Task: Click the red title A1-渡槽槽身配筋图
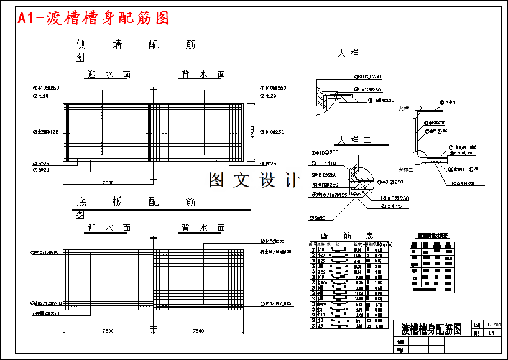[93, 19]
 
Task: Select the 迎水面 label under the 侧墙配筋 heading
[109, 75]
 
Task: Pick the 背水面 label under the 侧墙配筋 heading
[203, 75]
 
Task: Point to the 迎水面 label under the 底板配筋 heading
[109, 228]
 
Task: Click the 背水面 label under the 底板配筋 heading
[203, 228]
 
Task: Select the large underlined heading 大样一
[354, 53]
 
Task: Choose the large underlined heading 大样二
[354, 140]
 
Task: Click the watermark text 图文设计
[254, 180]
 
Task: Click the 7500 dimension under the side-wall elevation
[108, 183]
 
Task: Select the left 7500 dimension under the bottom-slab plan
[108, 331]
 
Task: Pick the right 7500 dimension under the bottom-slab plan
[198, 331]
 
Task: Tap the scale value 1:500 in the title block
[494, 325]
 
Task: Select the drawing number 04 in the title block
[491, 333]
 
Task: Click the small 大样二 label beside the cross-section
[405, 169]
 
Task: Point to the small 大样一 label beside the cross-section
[405, 108]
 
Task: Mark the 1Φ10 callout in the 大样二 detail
[330, 162]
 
